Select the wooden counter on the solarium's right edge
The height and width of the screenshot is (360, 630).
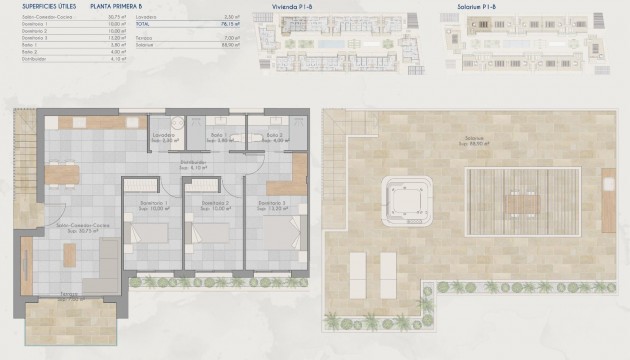coord(609,187)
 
